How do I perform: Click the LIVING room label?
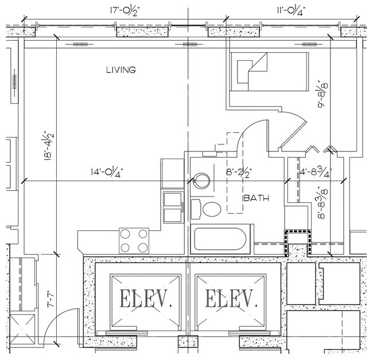[x=121, y=71]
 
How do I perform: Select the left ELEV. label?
[x=139, y=299]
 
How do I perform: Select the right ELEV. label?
[x=230, y=299]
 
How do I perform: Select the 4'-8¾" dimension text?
[x=315, y=171]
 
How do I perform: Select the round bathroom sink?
[x=201, y=181]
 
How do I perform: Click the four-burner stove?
[x=134, y=240]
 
